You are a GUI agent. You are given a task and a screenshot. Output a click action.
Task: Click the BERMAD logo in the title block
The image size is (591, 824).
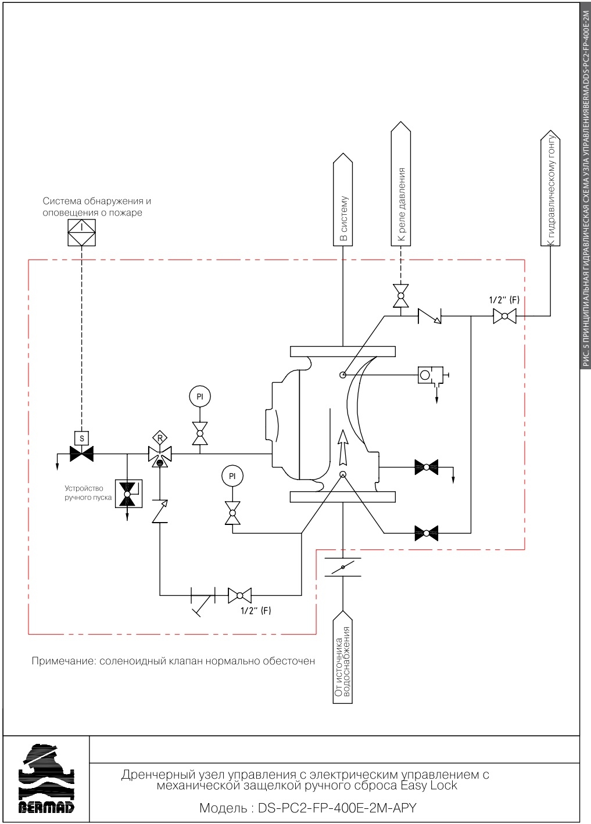tap(46, 779)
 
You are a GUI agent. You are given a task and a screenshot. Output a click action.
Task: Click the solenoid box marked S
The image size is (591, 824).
tap(82, 438)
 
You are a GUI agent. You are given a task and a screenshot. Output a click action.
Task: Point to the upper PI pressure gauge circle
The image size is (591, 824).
tap(200, 397)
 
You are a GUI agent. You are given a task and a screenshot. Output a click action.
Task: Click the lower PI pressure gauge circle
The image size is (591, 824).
tap(232, 476)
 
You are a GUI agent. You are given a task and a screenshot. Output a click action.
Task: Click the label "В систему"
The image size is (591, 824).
tap(343, 218)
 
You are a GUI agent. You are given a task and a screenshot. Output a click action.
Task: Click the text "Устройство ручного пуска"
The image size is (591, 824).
tap(88, 493)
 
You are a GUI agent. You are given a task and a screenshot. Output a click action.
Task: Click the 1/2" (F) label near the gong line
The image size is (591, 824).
tap(503, 301)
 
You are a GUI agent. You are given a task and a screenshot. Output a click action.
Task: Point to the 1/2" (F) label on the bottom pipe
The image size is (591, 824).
tap(256, 610)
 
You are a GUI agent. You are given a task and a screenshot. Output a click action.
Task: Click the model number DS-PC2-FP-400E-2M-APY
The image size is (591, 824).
tap(307, 808)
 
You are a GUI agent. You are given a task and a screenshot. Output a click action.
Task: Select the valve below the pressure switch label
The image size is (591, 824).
tap(400, 296)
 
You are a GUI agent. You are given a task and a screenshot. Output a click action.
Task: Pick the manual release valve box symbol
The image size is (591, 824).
tap(127, 494)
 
